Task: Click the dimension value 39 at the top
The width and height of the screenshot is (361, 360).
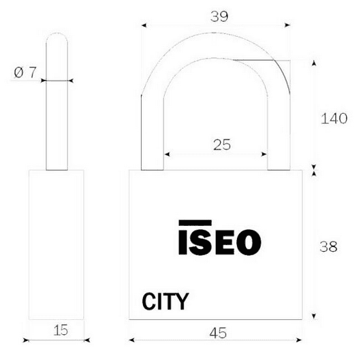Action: click(x=219, y=16)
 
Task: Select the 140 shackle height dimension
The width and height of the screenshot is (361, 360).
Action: click(x=334, y=118)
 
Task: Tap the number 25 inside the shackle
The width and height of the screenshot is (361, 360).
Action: click(x=222, y=144)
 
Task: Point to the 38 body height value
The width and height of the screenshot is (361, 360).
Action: click(x=328, y=246)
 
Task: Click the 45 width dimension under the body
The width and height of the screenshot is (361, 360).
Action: click(x=218, y=333)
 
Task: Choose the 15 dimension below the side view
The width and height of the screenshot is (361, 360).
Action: click(x=61, y=330)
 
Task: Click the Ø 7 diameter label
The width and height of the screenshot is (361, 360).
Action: click(x=25, y=72)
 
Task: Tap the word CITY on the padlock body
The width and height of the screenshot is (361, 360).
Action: click(x=166, y=301)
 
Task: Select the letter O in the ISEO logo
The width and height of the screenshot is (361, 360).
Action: click(x=249, y=242)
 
